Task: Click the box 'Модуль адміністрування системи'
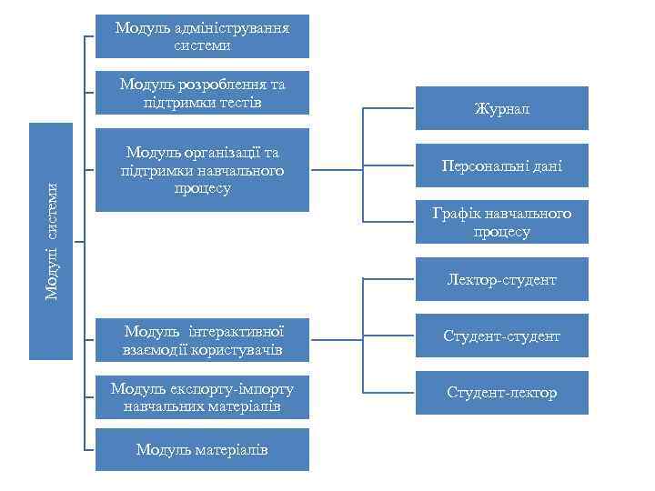[x=202, y=36]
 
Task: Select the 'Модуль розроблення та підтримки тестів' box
[x=202, y=93]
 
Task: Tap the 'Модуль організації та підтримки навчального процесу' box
[x=202, y=170]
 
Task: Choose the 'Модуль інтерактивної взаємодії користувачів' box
[x=202, y=341]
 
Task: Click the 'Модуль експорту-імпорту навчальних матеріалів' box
[x=202, y=397]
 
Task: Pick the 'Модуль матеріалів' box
[x=202, y=449]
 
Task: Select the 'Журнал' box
[x=501, y=109]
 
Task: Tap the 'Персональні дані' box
[x=501, y=165]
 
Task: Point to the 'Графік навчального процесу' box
[x=501, y=223]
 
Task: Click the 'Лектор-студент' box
[x=501, y=280]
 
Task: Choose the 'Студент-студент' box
[x=501, y=336]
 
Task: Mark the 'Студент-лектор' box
[x=501, y=393]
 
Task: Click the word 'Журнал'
[x=501, y=109]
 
